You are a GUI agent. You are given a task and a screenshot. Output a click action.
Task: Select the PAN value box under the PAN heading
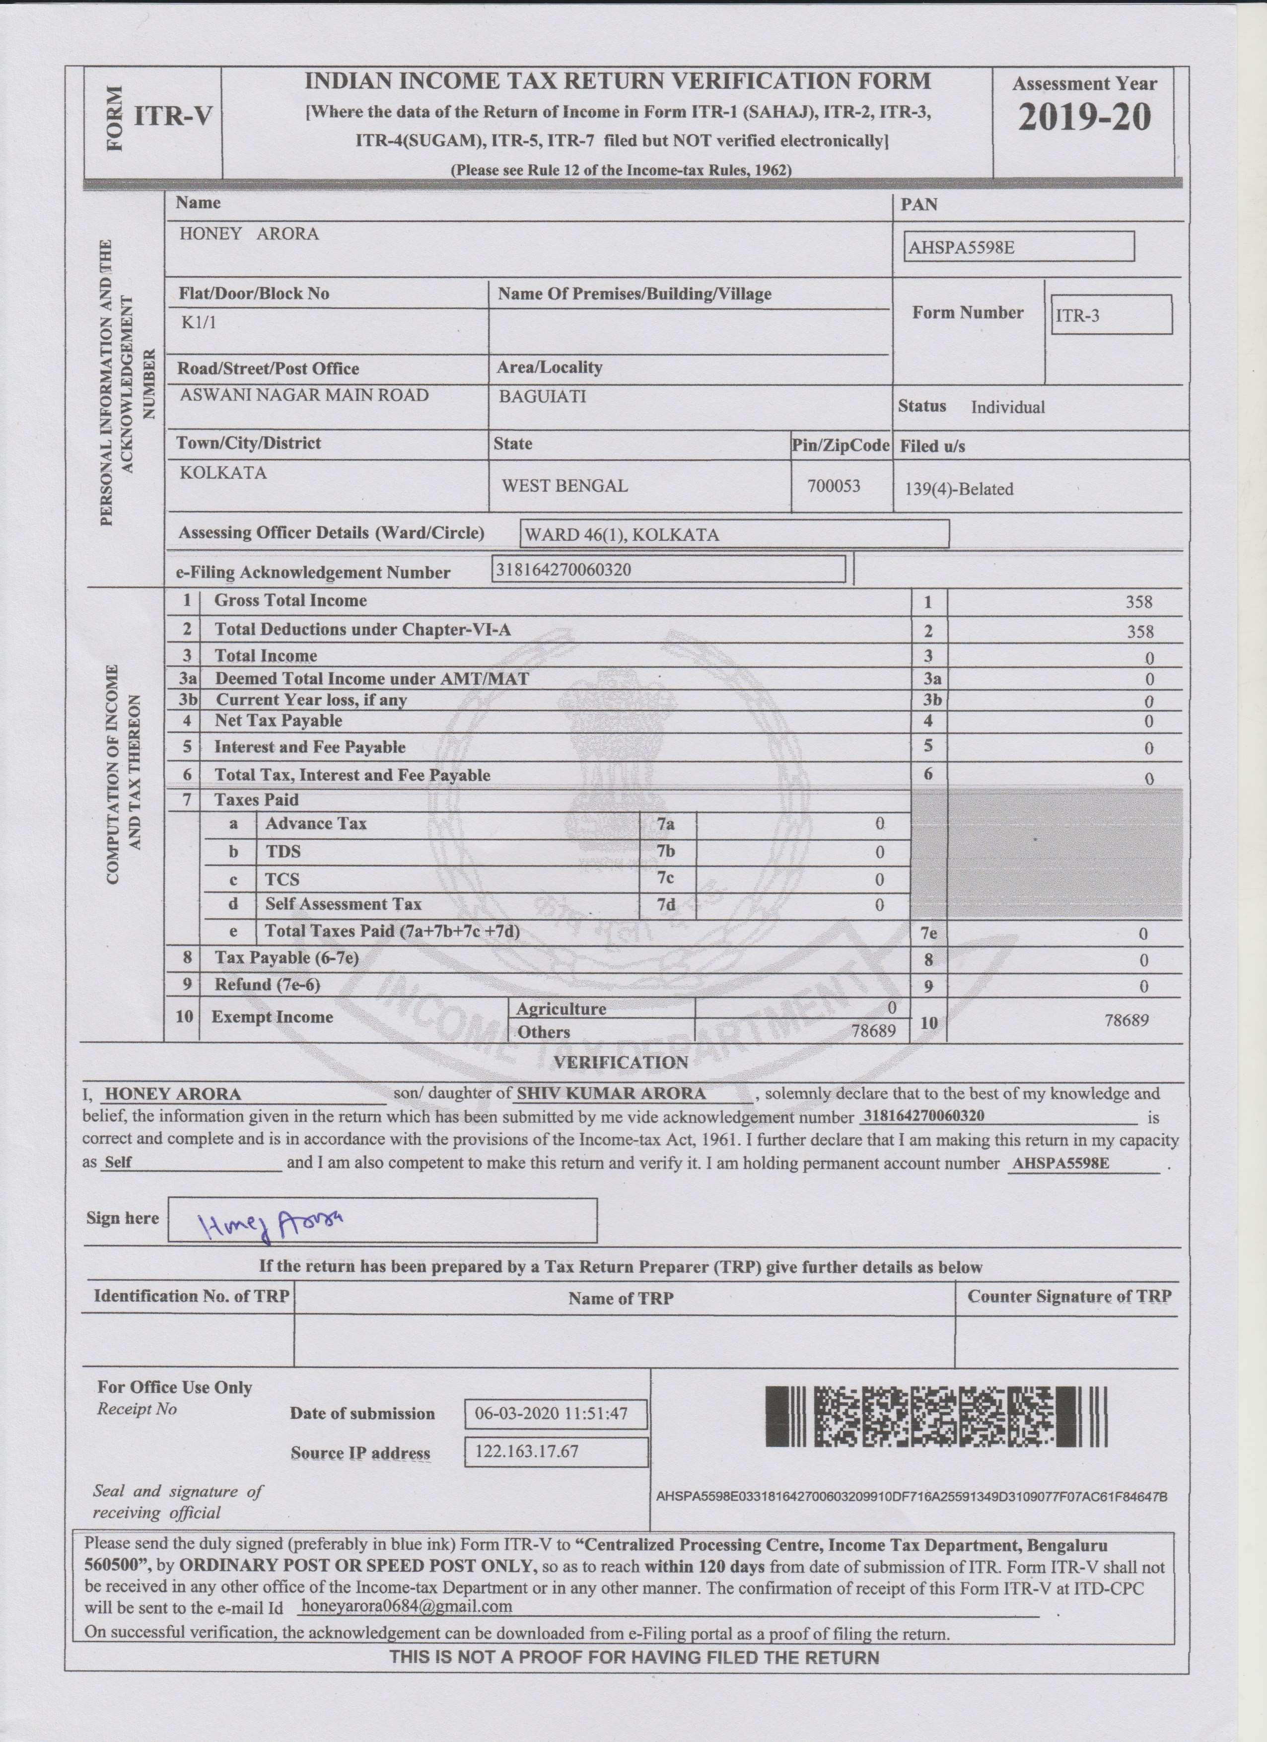point(1018,247)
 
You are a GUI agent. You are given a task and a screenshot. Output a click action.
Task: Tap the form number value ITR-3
point(1110,315)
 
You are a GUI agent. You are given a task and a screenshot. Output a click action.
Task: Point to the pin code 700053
point(834,486)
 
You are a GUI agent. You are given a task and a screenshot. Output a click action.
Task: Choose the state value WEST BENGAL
point(564,486)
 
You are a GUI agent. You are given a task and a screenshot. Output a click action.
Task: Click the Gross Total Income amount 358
point(1139,602)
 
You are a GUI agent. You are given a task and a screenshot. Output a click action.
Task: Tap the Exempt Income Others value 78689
point(873,1031)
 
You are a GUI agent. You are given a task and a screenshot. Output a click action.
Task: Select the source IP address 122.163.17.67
point(527,1451)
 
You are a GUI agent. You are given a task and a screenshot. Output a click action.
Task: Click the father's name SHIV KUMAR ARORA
point(611,1094)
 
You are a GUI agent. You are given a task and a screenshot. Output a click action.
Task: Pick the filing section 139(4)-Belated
point(959,489)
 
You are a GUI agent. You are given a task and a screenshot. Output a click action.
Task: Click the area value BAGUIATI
point(542,396)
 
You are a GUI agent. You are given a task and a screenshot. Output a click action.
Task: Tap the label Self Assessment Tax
point(343,904)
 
